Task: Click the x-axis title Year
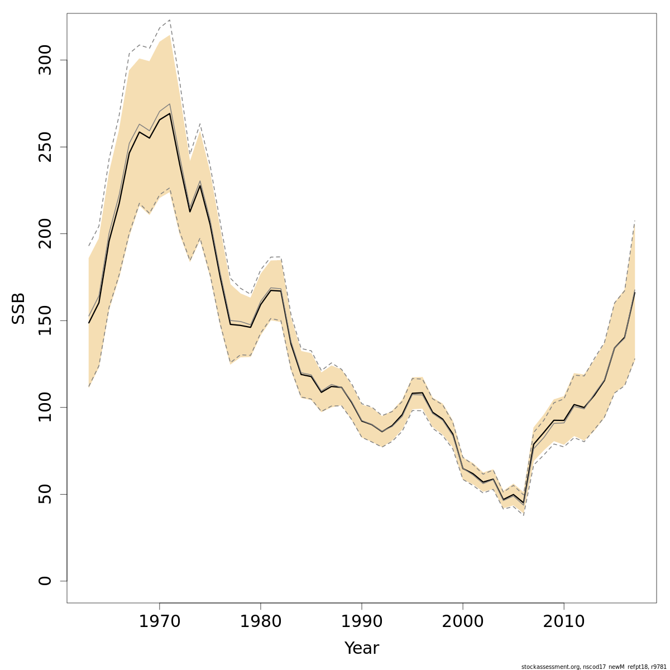[x=361, y=648]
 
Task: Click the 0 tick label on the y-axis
[x=45, y=581]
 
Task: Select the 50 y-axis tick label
[x=45, y=494]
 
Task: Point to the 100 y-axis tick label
[x=45, y=407]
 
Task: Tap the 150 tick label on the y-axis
[x=45, y=320]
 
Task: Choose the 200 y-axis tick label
[x=45, y=233]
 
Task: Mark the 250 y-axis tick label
[x=45, y=147]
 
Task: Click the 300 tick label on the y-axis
[x=45, y=60]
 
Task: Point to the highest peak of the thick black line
[x=170, y=113]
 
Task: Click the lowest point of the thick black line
[x=524, y=503]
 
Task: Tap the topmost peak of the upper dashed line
[x=170, y=20]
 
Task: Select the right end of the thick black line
[x=635, y=292]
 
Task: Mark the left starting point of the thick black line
[x=89, y=323]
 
